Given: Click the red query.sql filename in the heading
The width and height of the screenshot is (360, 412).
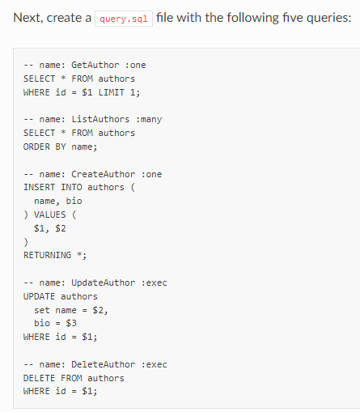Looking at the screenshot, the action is [x=124, y=19].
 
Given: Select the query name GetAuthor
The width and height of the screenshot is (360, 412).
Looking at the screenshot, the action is [x=95, y=65].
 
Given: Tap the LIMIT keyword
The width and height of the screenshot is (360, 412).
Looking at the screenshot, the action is [x=111, y=92].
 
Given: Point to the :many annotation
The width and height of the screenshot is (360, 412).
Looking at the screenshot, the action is [x=149, y=119].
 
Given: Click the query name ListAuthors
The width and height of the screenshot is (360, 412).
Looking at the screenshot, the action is [x=100, y=119].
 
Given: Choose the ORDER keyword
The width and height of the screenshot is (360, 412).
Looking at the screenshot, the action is [x=36, y=147].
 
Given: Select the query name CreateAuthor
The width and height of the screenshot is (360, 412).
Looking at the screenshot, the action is [x=103, y=174].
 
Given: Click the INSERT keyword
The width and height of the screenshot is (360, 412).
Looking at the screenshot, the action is [x=39, y=187].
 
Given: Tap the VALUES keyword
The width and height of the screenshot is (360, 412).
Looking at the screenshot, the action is [x=50, y=214].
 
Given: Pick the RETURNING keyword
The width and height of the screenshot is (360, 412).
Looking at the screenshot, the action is [x=47, y=255].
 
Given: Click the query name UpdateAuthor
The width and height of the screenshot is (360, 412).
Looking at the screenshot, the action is [x=103, y=282].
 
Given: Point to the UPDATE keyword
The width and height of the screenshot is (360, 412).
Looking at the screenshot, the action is [x=39, y=296].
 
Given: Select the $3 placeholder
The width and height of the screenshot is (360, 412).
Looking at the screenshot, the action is [x=71, y=323].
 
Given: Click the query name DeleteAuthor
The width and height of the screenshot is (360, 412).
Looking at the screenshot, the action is [x=103, y=364].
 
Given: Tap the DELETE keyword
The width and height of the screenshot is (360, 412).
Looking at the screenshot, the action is [x=39, y=378].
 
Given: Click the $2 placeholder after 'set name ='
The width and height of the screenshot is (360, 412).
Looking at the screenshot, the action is [x=98, y=310].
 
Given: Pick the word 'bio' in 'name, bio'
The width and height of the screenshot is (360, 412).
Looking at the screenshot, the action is [x=74, y=201].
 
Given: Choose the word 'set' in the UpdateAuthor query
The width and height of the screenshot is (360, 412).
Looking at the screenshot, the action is [x=42, y=310].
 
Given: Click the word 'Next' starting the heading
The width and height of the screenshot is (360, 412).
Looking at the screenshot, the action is [x=28, y=18].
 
